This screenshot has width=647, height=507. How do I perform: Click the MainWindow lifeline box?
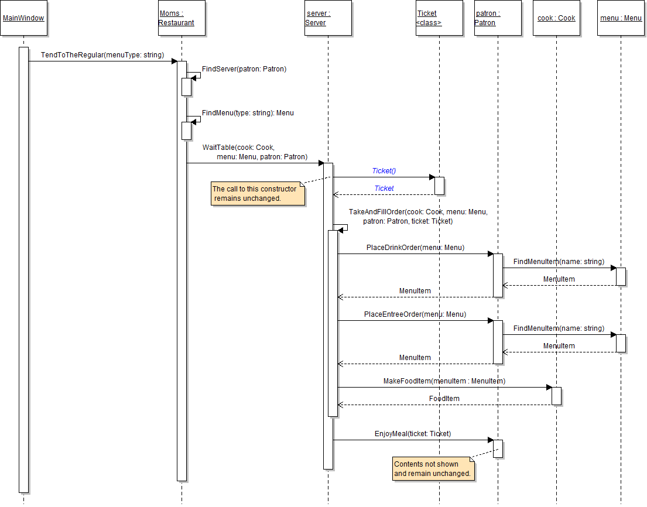point(23,18)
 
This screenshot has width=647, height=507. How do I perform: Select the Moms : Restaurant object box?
point(182,18)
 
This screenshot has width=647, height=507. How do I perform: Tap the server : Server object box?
point(328,18)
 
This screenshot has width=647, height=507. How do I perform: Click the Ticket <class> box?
point(439,18)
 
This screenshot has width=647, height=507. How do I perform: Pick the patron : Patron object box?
point(498,18)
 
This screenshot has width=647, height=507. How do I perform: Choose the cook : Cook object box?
point(556,18)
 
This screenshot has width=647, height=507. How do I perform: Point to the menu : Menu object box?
point(621,18)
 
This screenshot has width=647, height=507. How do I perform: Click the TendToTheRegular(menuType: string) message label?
point(102,55)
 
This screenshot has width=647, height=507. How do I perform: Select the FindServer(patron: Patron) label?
point(244,69)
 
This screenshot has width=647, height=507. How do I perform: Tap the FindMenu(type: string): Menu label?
point(248,112)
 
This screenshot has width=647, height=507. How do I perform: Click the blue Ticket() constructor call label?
point(384,171)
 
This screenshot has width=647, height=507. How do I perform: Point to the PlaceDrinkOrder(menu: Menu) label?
point(415,248)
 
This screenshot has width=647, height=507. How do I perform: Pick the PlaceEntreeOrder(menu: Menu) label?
point(415,314)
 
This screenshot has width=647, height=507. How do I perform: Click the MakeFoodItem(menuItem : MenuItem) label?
point(444,381)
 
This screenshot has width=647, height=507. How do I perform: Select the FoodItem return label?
point(444,399)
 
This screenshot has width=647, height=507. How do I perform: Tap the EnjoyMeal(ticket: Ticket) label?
point(413,434)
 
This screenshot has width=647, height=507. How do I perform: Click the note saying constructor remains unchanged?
point(258,194)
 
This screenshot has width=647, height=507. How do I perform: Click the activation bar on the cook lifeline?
point(556,396)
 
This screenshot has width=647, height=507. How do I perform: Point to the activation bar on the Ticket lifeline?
point(439,186)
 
